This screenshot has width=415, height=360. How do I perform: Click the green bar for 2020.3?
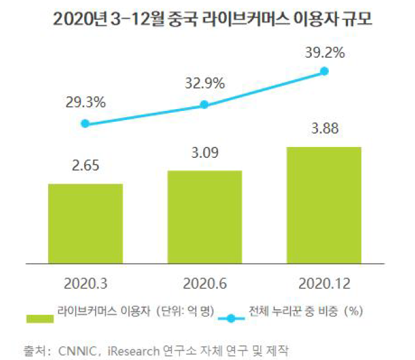click(x=86, y=221)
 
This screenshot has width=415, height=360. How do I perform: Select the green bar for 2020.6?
click(x=205, y=215)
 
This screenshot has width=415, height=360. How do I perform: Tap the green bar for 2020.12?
click(x=324, y=203)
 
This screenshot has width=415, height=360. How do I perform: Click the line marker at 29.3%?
click(x=86, y=124)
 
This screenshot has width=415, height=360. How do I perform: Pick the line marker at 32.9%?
click(x=204, y=105)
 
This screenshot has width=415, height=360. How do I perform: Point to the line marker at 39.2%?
click(x=324, y=71)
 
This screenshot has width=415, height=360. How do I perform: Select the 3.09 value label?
click(x=204, y=153)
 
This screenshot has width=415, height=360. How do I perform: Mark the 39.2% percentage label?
click(x=324, y=53)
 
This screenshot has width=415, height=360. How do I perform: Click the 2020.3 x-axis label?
click(x=86, y=281)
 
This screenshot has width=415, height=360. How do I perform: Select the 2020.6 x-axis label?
click(x=204, y=281)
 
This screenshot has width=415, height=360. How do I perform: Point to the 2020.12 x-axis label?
click(x=324, y=281)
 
